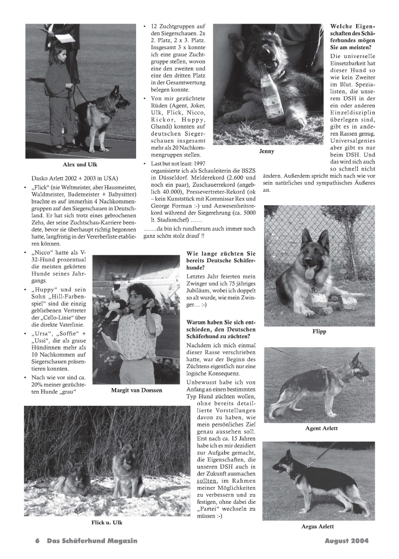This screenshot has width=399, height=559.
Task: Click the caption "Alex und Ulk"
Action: [80, 164]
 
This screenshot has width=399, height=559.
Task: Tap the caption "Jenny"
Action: [267, 151]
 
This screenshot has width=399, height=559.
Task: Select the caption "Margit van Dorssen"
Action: [137, 390]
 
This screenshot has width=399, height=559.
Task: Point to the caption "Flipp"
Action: [319, 331]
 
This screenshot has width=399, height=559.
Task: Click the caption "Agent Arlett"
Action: [321, 428]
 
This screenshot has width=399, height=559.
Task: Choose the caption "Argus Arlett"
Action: [318, 526]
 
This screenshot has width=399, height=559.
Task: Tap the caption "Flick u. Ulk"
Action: [107, 523]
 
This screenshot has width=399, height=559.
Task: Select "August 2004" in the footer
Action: [346, 540]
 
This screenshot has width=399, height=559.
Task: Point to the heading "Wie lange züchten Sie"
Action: [221, 253]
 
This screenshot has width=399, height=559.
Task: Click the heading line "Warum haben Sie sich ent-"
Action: [221, 322]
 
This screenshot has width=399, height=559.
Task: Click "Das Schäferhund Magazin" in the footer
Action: [92, 540]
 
